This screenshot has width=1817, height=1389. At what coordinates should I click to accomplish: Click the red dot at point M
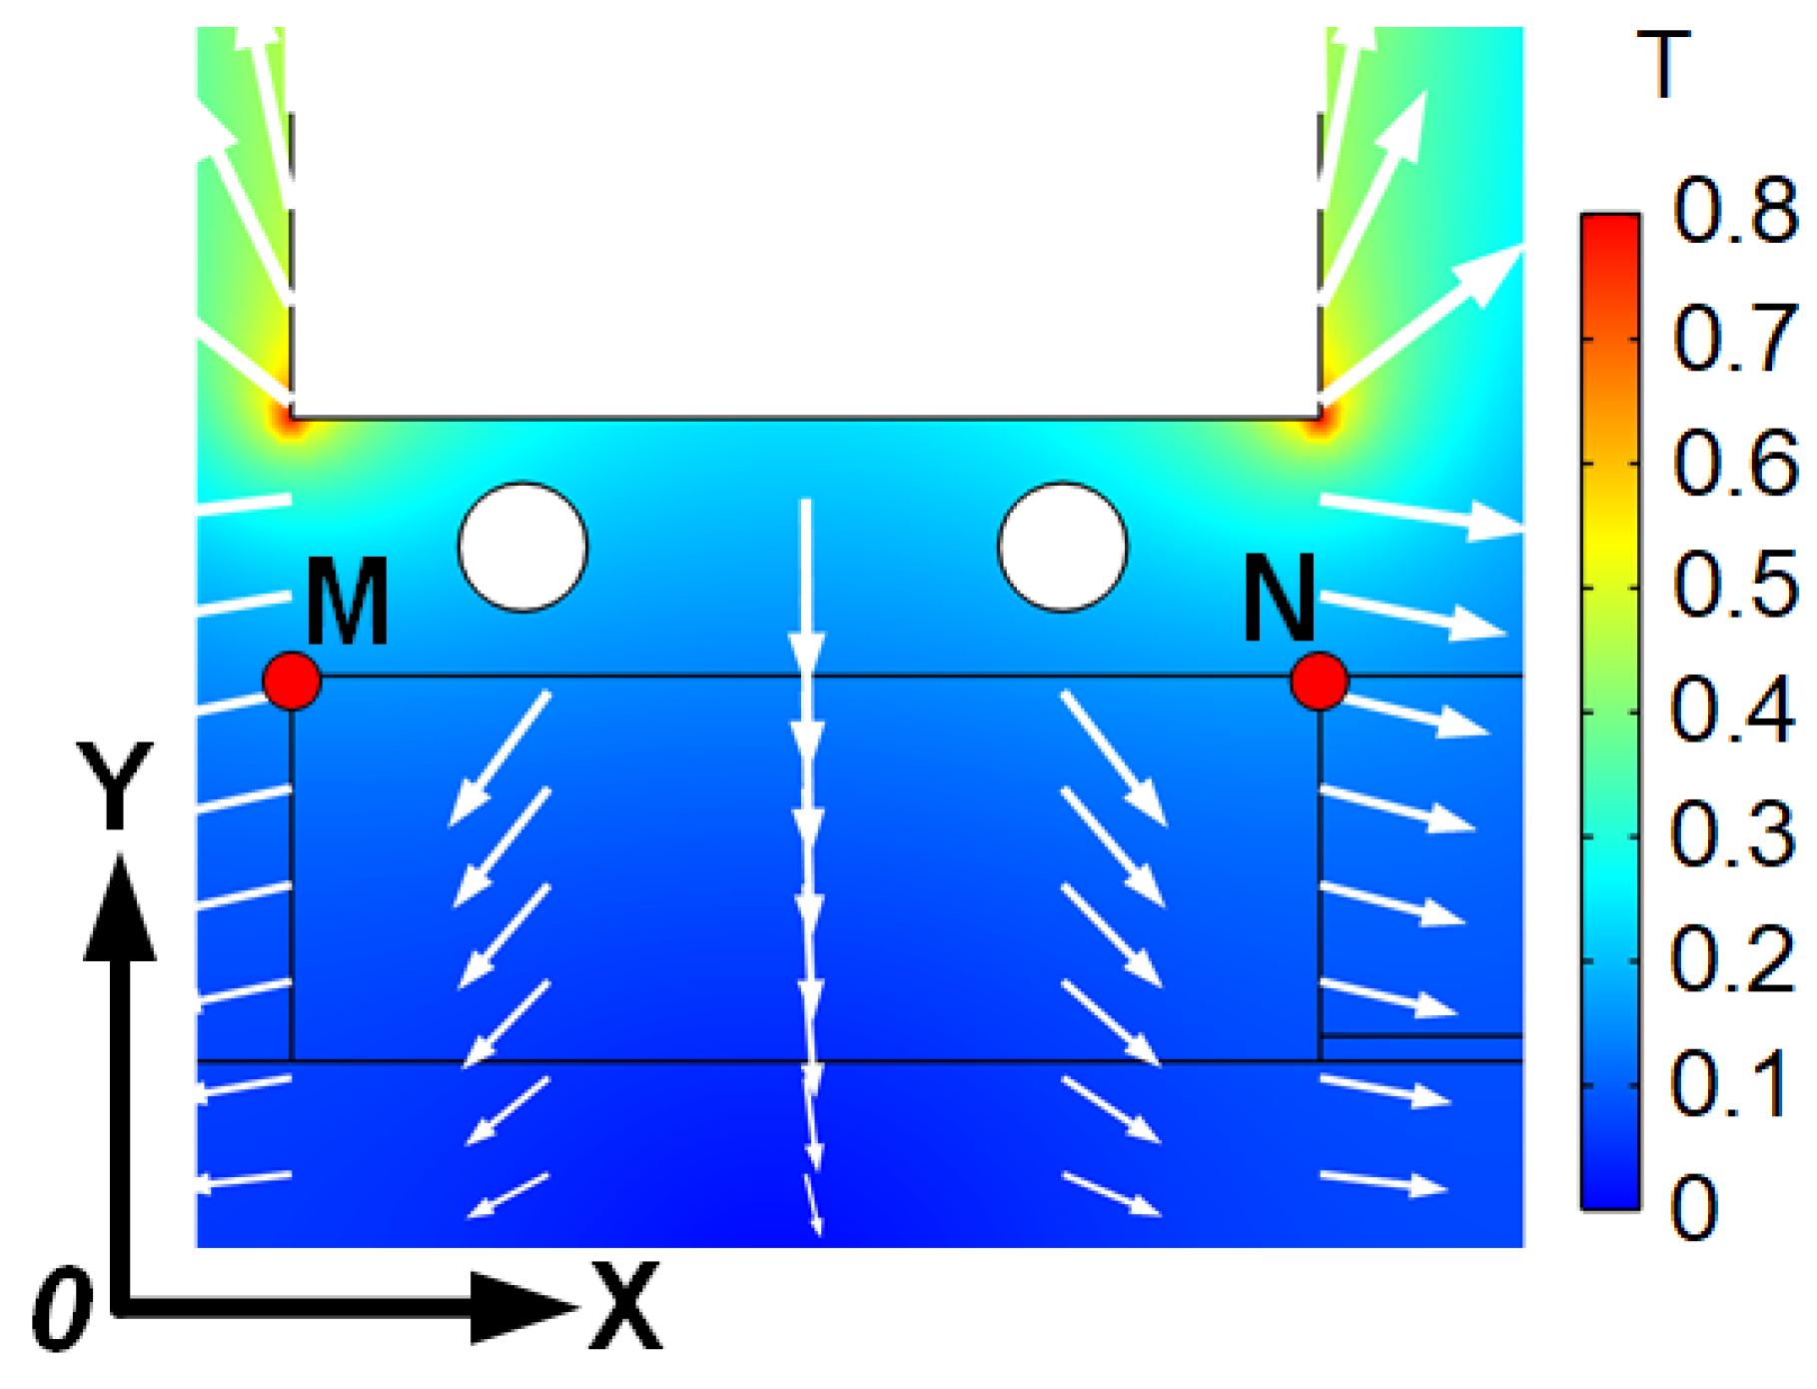tap(292, 681)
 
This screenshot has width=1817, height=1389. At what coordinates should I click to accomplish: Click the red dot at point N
tap(1320, 681)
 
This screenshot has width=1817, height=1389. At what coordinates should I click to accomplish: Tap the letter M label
tap(347, 602)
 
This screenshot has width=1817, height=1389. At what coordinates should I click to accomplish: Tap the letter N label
tap(1279, 598)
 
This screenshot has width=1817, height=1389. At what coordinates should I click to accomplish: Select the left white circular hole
tap(523, 547)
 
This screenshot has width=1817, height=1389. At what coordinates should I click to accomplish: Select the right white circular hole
tap(1063, 547)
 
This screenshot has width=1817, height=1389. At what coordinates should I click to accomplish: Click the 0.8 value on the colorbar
tap(1734, 212)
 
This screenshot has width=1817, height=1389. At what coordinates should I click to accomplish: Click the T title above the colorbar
tap(1663, 65)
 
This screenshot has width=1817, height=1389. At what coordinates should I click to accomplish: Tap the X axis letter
tap(625, 1306)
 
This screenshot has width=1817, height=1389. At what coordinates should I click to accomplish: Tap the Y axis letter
tap(116, 785)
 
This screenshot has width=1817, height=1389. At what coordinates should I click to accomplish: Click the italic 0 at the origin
tap(62, 1309)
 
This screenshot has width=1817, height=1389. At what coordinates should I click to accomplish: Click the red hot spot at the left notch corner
tap(291, 421)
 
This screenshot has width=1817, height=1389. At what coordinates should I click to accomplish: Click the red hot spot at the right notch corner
tap(1320, 421)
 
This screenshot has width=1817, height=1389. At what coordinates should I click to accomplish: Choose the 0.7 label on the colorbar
tap(1734, 338)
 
